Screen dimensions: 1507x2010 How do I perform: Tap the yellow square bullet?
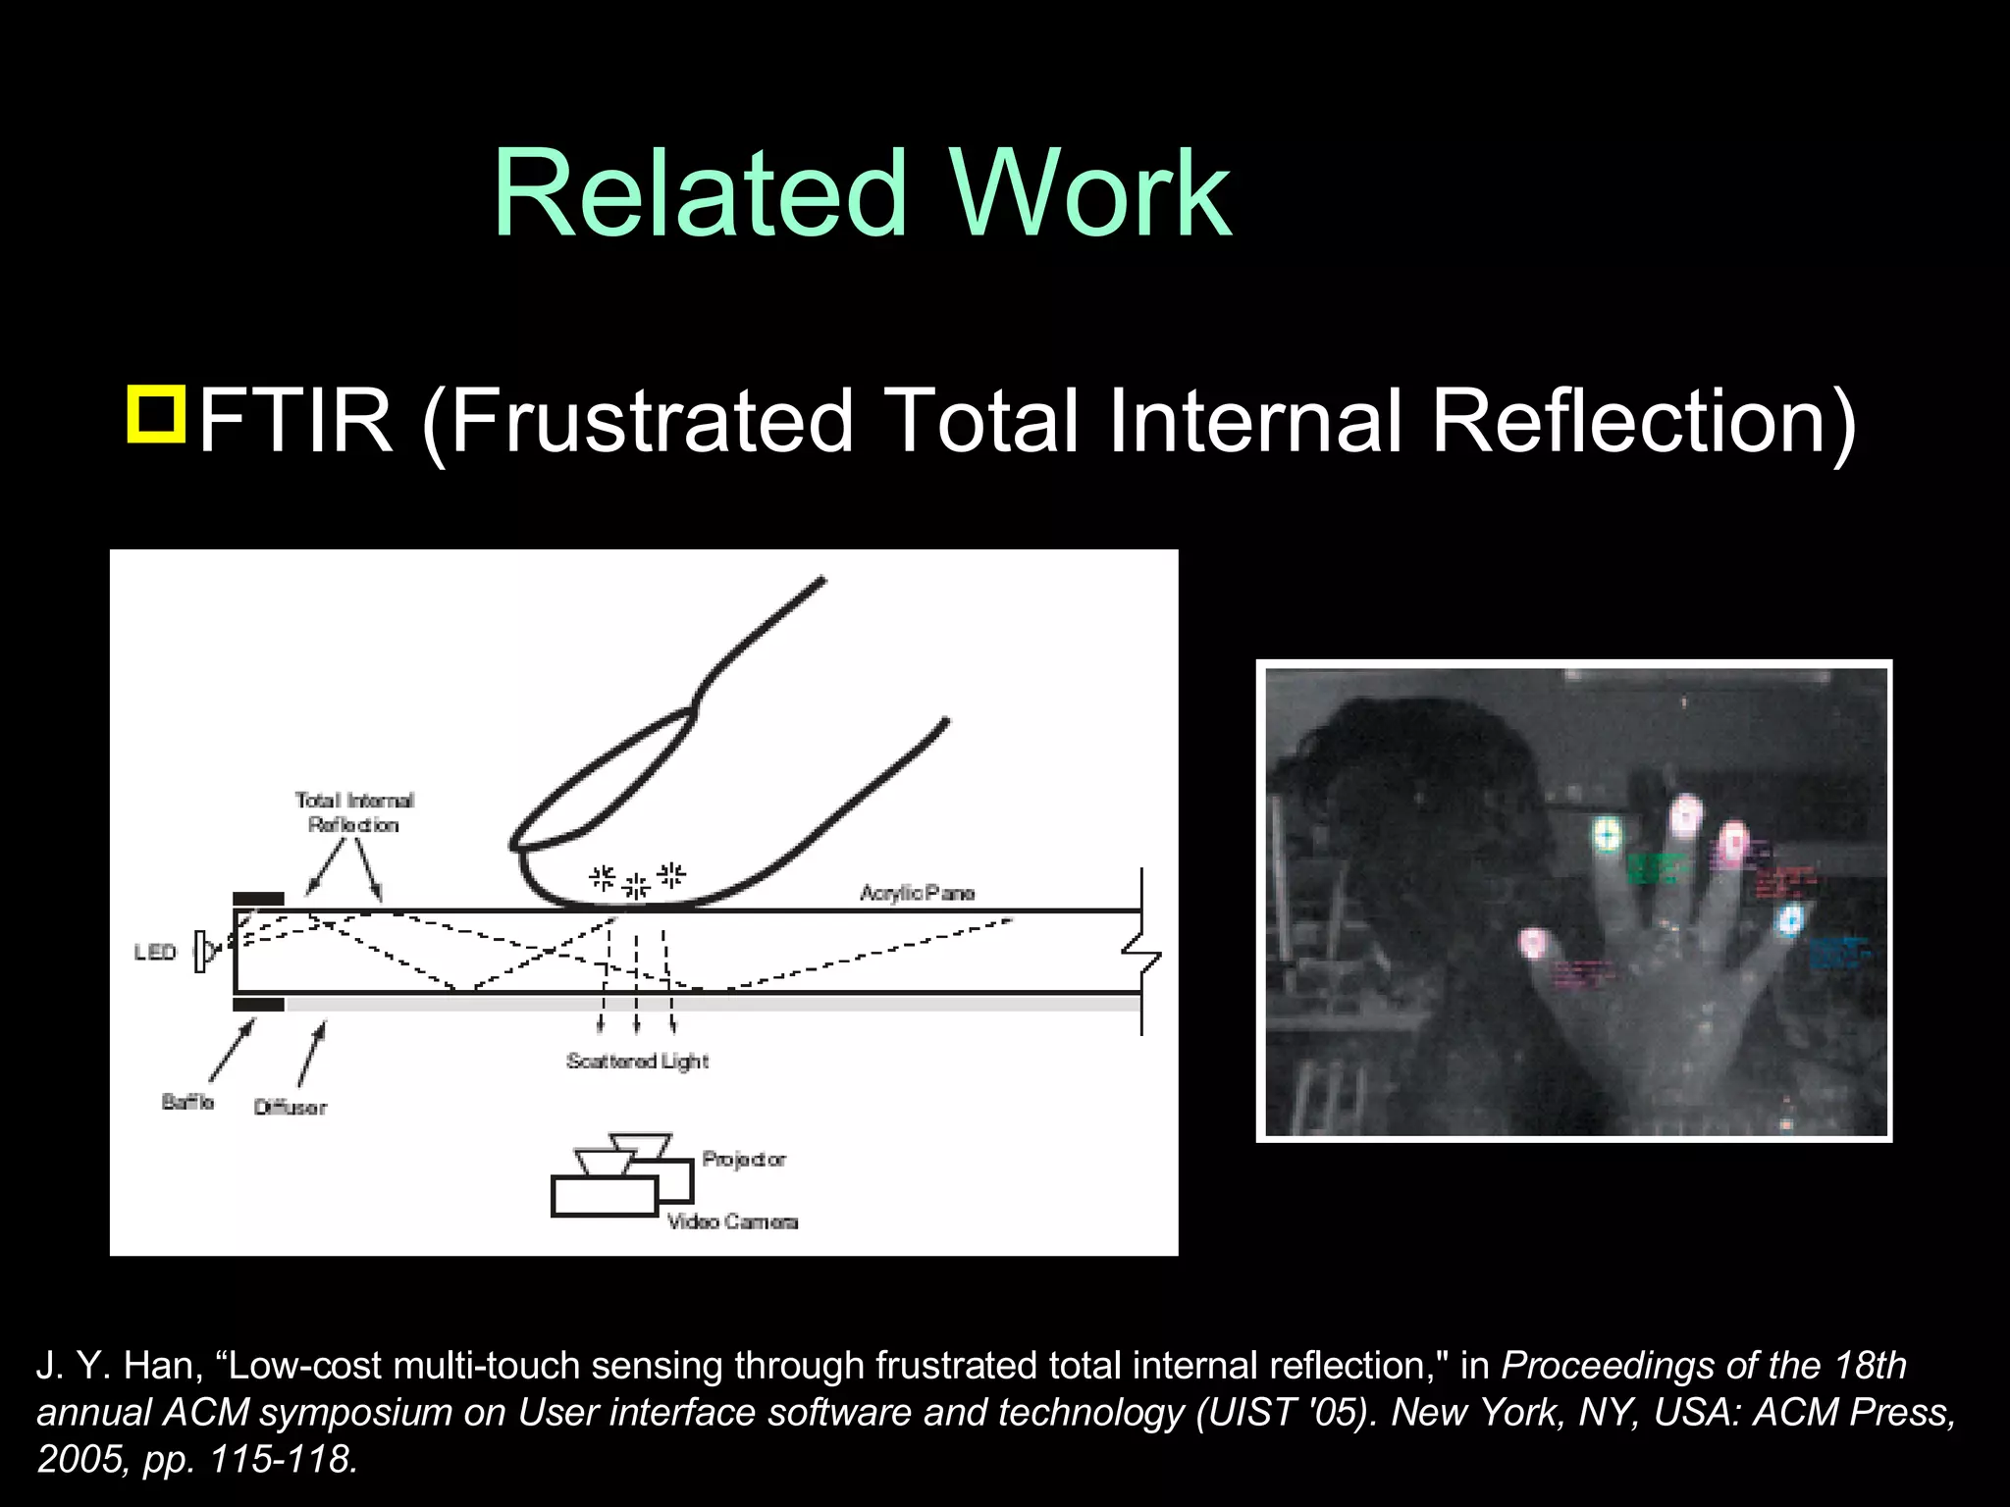click(x=156, y=415)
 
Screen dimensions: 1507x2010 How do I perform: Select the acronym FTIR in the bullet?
click(x=295, y=421)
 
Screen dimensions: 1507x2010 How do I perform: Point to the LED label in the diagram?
click(x=155, y=953)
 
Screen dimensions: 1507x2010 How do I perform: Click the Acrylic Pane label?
click(x=917, y=893)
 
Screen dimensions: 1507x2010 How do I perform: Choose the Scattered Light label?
click(x=637, y=1061)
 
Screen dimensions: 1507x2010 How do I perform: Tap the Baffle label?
click(x=187, y=1102)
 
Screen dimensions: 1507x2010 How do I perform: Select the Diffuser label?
click(x=290, y=1108)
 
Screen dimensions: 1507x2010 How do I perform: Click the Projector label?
click(x=744, y=1160)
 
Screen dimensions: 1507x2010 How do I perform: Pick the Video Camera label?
click(x=732, y=1221)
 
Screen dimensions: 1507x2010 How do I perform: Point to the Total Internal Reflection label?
click(x=354, y=812)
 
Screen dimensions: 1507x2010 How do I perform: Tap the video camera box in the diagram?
click(x=604, y=1196)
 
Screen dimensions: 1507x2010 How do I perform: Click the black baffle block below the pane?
click(x=258, y=1005)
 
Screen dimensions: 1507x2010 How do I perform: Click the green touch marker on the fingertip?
click(x=1607, y=835)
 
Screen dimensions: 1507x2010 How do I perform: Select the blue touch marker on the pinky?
click(x=1790, y=920)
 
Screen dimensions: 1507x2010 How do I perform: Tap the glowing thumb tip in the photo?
click(x=1532, y=944)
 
